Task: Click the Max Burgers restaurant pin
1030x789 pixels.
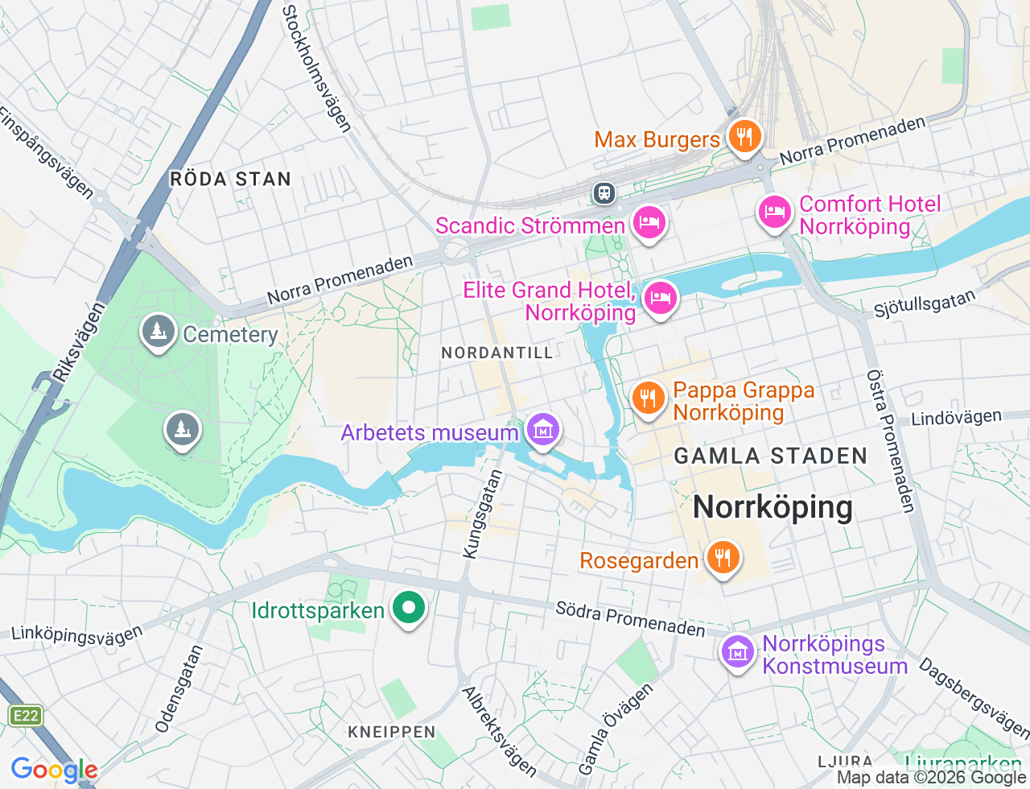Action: pos(744,136)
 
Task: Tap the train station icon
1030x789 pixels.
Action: pos(604,193)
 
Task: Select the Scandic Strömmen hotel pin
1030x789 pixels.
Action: pos(649,222)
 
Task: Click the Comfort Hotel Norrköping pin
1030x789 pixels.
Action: pos(774,213)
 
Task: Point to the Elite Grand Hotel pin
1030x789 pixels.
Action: pos(660,299)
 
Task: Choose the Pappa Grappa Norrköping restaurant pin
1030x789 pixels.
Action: pos(648,398)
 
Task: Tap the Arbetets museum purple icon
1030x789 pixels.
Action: pos(543,430)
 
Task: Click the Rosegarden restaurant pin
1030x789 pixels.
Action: pos(723,557)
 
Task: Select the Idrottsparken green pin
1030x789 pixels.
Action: pos(409,608)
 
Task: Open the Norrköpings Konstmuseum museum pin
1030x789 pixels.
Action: pos(737,652)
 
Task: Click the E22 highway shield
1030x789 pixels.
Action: pos(25,716)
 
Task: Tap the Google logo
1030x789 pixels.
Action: pos(54,770)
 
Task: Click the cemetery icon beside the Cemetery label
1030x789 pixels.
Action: pos(159,331)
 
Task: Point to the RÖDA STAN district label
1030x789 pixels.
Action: pos(230,180)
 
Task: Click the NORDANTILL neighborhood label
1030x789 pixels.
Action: pos(497,353)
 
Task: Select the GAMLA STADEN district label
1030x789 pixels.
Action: pos(770,456)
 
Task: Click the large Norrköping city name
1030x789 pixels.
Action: pos(772,507)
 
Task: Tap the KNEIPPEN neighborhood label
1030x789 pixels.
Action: pos(392,732)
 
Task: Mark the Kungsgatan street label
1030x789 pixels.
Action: pos(483,514)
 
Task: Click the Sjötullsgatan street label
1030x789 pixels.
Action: pos(924,304)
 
